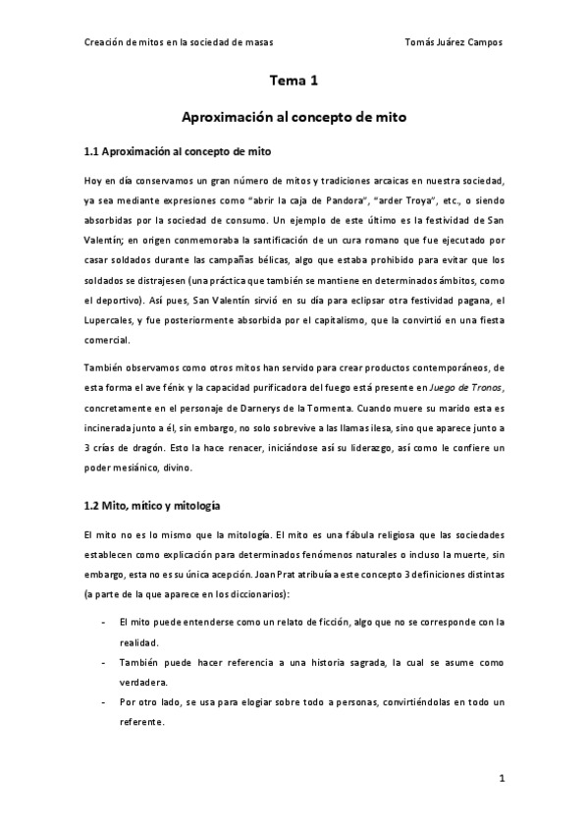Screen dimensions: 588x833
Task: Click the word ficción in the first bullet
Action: point(310,623)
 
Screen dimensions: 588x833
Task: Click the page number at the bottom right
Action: point(501,780)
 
